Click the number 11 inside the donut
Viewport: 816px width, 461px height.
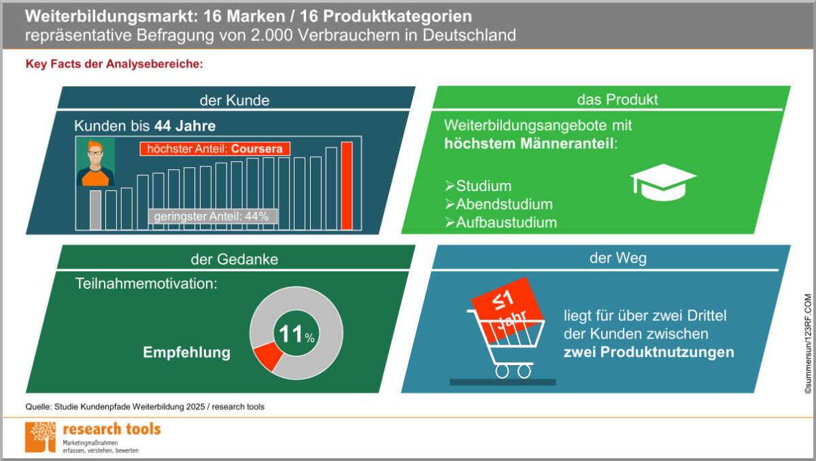coord(290,334)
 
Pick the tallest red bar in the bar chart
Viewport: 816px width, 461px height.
coord(347,186)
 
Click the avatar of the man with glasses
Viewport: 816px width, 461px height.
coord(97,163)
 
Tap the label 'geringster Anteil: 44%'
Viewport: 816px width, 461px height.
coord(213,216)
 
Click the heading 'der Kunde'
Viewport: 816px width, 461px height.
coord(234,100)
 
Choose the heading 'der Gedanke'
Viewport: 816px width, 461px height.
coord(234,259)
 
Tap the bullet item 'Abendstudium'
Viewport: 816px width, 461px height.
coord(504,204)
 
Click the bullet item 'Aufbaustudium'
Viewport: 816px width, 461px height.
coord(506,222)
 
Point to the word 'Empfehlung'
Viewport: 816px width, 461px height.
coord(186,353)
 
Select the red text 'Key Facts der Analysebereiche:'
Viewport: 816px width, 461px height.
coord(114,65)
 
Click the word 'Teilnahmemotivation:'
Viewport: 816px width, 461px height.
coord(146,284)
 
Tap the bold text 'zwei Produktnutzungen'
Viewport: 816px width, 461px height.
coord(649,352)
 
